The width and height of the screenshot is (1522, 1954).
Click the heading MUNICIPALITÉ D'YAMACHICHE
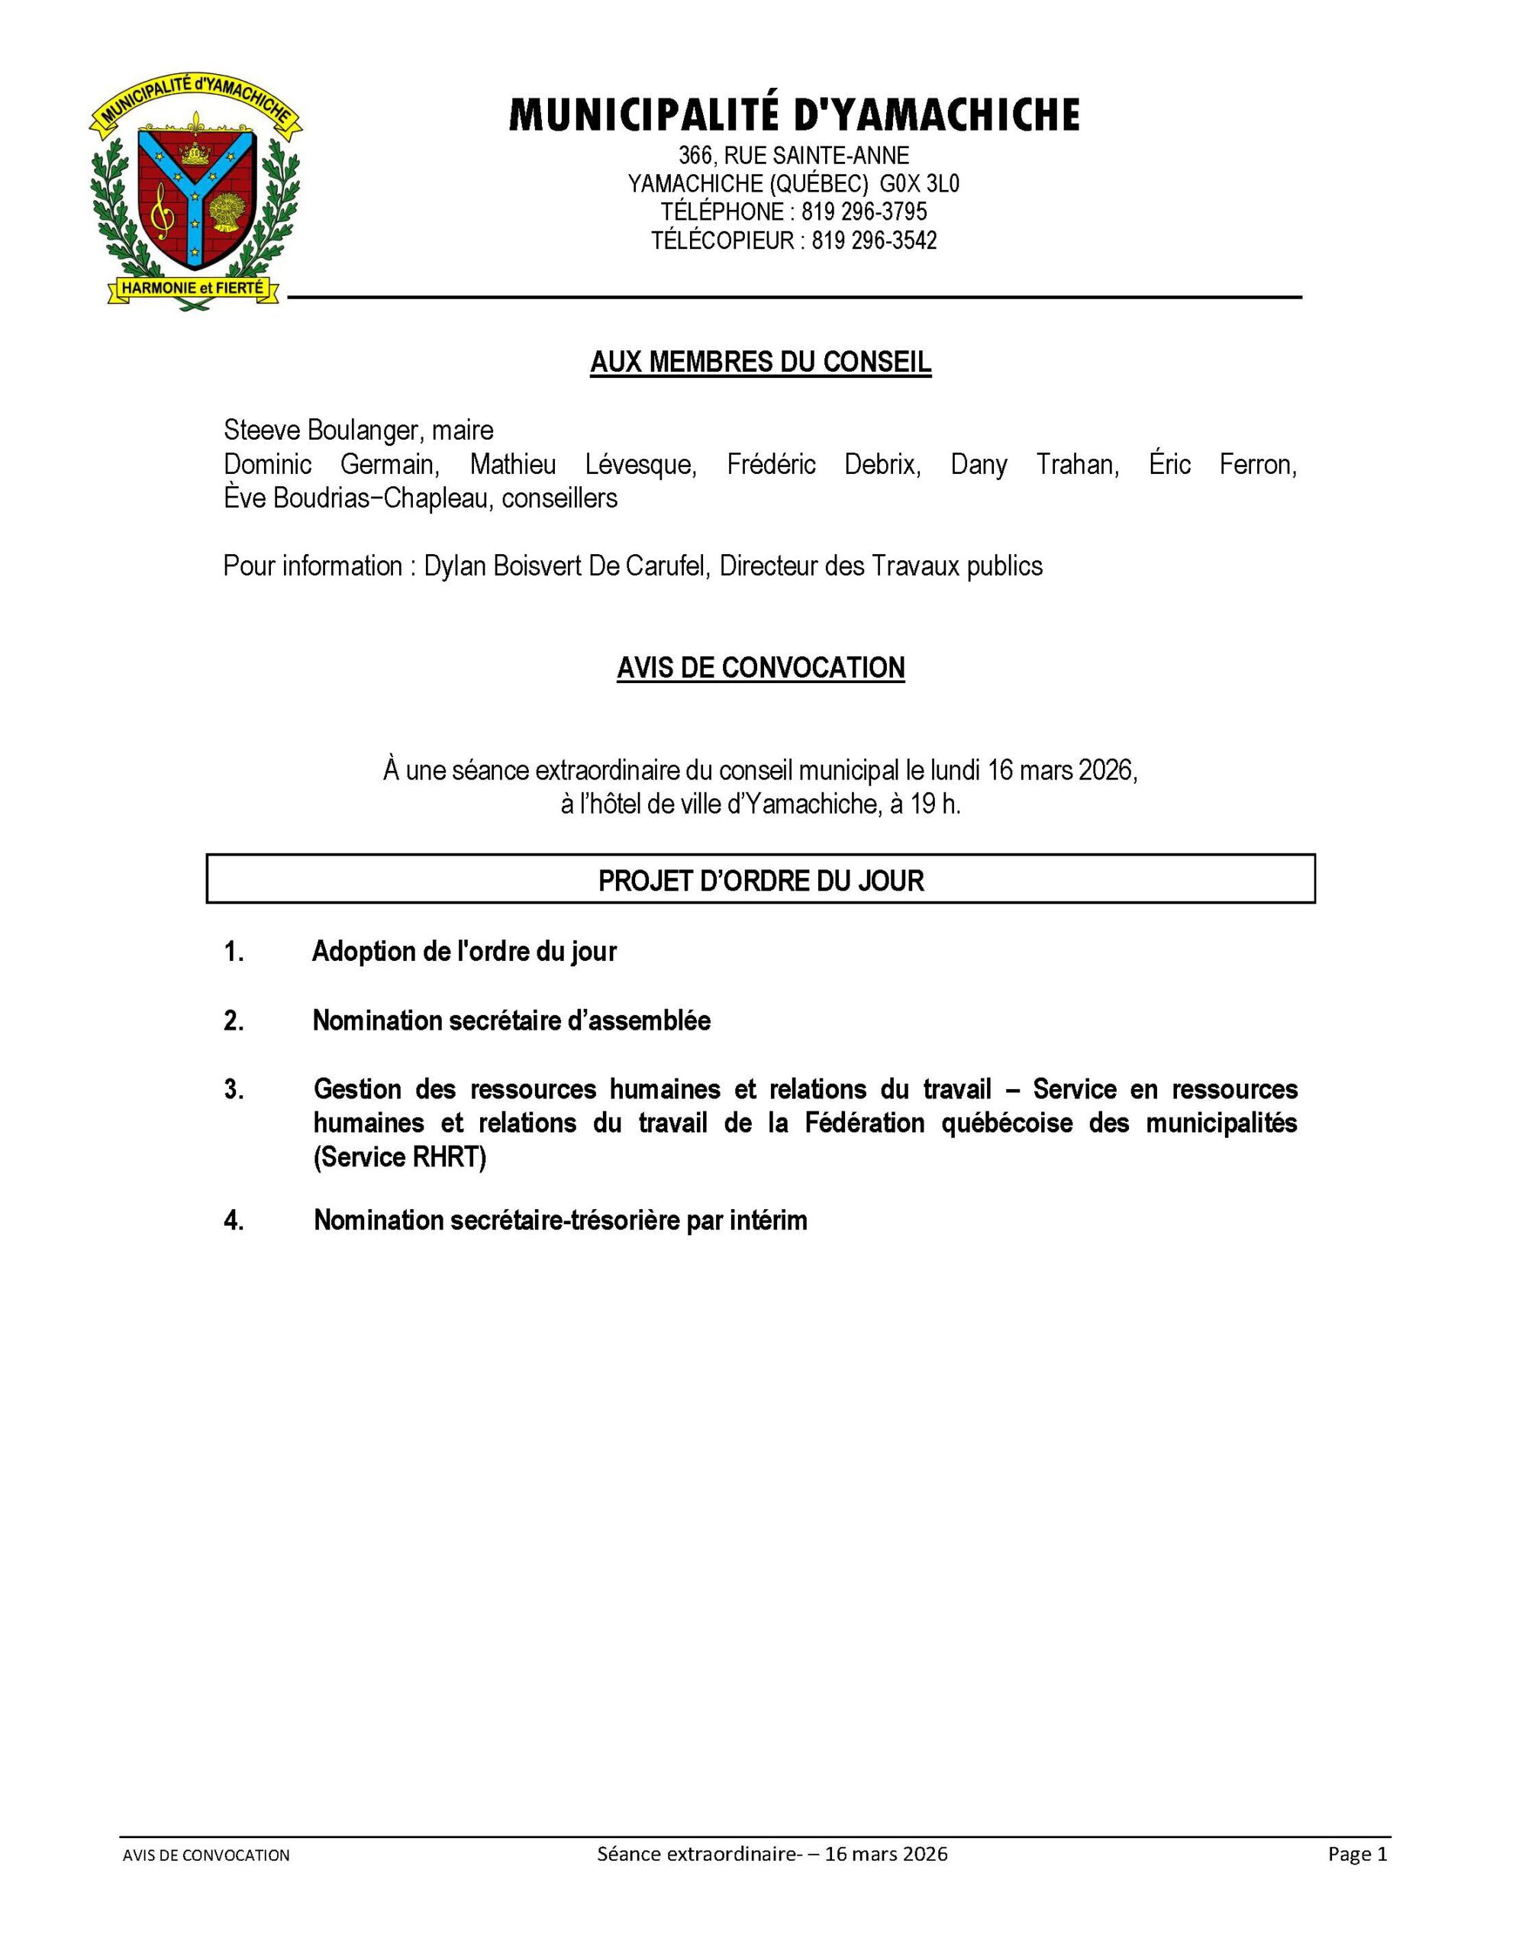click(794, 115)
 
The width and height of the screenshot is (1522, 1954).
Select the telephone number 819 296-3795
click(864, 212)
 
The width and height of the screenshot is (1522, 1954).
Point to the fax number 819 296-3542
click(874, 240)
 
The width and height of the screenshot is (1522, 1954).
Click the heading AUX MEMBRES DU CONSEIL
click(760, 363)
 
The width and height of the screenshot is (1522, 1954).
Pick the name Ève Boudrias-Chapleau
click(357, 498)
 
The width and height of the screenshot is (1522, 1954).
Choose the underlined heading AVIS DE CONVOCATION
click(760, 669)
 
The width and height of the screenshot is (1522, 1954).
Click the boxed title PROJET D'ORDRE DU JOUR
click(760, 882)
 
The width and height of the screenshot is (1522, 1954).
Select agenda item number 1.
click(234, 952)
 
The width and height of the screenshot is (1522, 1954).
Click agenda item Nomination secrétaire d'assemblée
click(512, 1021)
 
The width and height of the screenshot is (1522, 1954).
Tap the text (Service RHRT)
click(400, 1158)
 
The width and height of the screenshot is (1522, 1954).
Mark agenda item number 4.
click(234, 1221)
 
